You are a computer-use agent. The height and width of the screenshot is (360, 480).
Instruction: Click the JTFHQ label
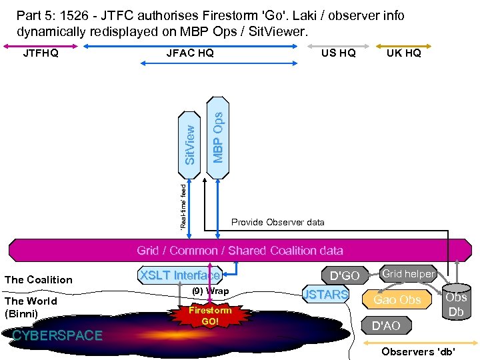pos(41,53)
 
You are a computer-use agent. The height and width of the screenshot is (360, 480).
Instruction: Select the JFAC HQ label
pos(190,53)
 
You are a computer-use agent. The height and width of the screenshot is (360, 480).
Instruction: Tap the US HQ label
pos(338,53)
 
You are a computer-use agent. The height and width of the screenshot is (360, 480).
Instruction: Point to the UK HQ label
pos(404,53)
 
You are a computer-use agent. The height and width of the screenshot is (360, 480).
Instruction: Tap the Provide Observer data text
pos(277,222)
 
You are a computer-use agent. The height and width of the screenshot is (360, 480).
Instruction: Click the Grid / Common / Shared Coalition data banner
pos(240,251)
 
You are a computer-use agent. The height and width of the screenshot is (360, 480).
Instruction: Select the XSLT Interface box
pos(179,275)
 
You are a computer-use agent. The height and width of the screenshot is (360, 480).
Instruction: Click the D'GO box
pos(345,275)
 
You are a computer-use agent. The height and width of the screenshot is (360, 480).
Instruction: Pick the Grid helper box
pos(407,273)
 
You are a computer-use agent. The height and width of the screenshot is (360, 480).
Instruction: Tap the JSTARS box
pos(326,294)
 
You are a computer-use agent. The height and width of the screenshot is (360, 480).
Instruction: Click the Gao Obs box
pos(397,300)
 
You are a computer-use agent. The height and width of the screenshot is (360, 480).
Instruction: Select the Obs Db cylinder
pos(457,304)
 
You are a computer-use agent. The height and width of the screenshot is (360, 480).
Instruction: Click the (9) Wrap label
pos(210,291)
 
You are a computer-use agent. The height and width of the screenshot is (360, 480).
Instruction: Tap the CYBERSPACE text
pos(58,335)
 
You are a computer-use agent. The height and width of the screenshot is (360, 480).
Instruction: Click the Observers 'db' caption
pos(419,351)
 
